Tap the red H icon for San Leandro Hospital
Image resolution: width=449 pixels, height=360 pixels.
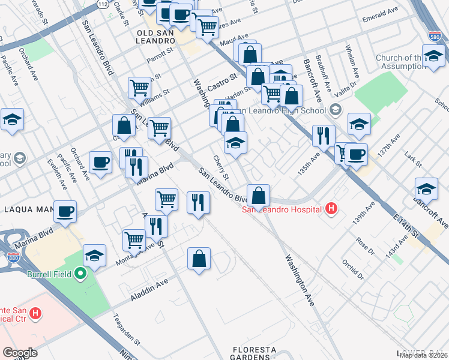click(330, 209)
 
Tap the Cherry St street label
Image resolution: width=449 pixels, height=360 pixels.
click(221, 167)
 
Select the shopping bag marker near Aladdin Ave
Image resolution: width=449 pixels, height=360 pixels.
click(199, 259)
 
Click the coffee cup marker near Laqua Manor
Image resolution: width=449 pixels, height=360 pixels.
click(65, 211)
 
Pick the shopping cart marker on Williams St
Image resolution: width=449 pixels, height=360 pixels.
click(139, 88)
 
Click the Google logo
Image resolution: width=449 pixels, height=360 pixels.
click(20, 352)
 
